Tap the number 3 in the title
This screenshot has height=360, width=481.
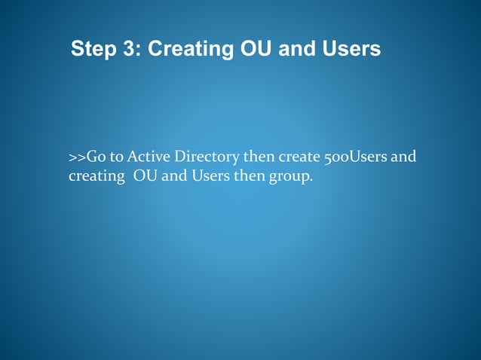point(133,50)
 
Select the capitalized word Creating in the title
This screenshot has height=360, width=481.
point(188,50)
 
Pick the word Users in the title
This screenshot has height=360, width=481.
point(351,50)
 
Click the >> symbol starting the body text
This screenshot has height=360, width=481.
point(77,157)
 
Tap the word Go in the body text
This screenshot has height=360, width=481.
point(96,157)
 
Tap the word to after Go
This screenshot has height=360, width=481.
point(115,157)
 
